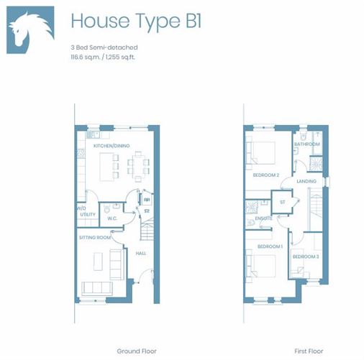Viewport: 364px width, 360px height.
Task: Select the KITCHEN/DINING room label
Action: tap(111, 146)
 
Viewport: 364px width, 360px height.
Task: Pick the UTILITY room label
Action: tap(88, 214)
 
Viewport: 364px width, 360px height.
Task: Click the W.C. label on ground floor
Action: tap(112, 218)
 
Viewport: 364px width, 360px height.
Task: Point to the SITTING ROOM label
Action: tap(95, 236)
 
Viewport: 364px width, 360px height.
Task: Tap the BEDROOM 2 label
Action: tap(265, 175)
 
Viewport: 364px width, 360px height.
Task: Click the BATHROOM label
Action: tap(307, 144)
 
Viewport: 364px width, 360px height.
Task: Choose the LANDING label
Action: tap(306, 181)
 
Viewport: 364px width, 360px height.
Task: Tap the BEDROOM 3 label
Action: tap(305, 257)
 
